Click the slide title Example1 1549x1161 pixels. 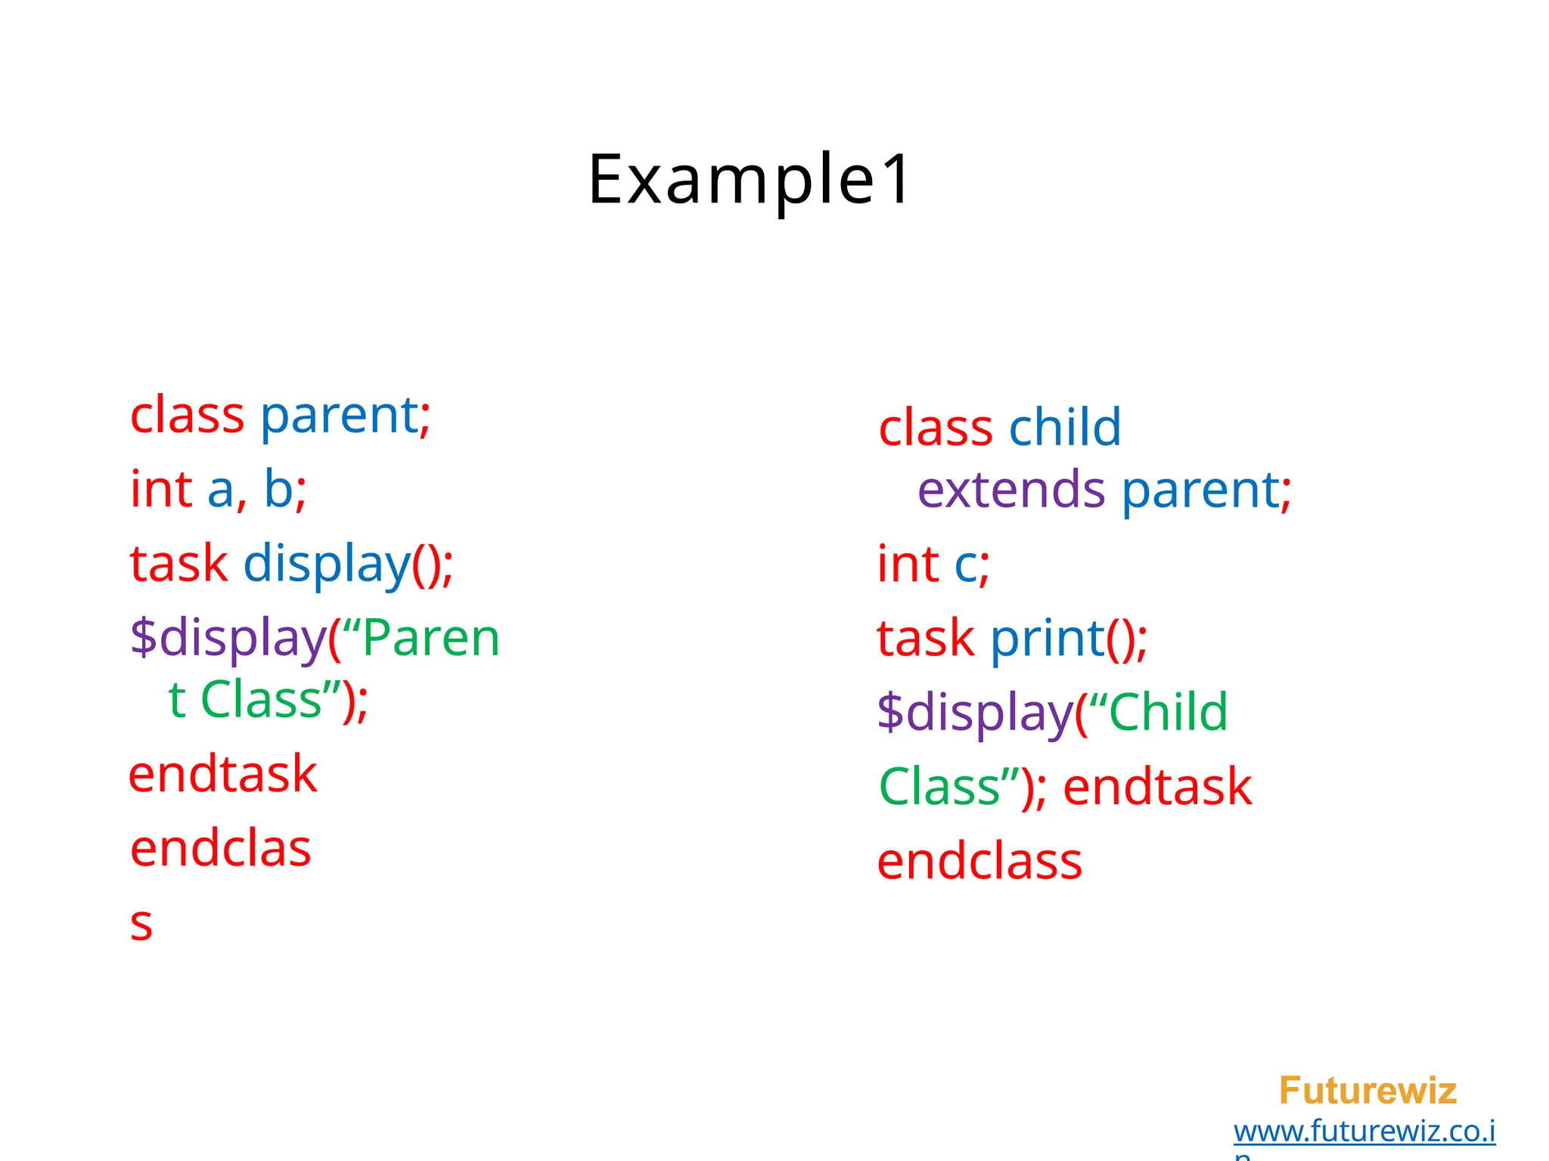click(x=750, y=180)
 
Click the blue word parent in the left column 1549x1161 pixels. click(x=340, y=416)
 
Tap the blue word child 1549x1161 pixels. click(x=1065, y=428)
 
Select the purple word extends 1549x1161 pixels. click(x=1011, y=490)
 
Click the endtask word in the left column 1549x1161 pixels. click(x=223, y=775)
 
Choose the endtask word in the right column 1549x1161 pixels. click(x=1158, y=787)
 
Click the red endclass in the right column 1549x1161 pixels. click(x=979, y=862)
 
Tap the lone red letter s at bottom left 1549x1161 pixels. click(x=141, y=924)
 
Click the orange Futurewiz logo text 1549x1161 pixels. click(x=1367, y=1091)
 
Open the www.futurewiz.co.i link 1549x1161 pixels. click(x=1364, y=1132)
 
